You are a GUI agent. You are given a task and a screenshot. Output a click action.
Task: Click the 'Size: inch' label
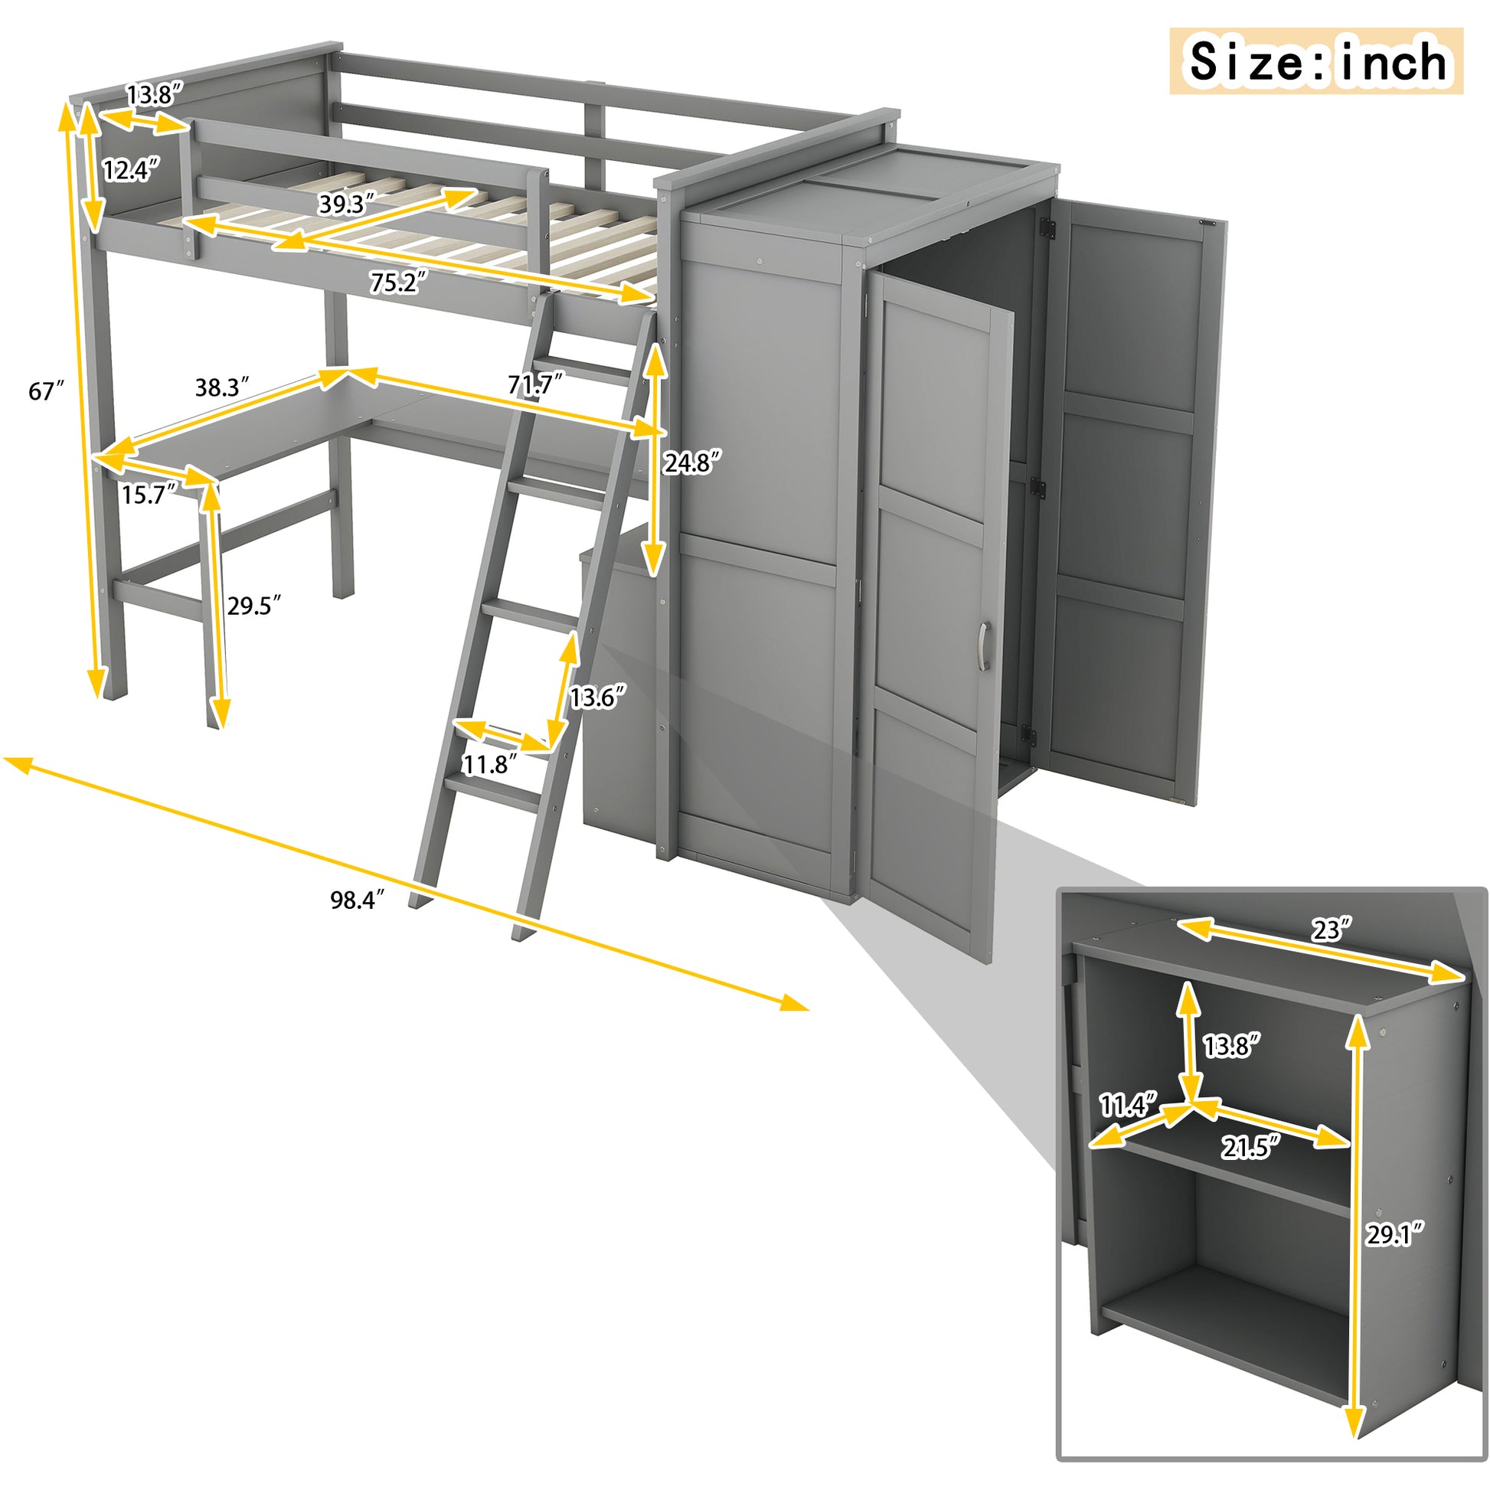coord(1316,61)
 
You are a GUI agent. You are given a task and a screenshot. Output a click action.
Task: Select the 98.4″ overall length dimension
coord(357,899)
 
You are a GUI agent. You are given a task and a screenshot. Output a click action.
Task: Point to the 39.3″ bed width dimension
coord(346,204)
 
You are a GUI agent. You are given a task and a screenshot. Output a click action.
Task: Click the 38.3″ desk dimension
coord(222,387)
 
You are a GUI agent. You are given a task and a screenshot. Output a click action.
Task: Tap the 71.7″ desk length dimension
coord(535,384)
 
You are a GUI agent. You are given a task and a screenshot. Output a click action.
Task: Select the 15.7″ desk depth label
coord(149,495)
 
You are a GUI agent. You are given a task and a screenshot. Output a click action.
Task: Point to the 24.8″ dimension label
coord(693,462)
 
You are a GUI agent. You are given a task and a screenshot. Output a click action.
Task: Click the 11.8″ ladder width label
coord(489,764)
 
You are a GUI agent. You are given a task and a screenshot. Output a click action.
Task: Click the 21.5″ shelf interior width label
coord(1249,1148)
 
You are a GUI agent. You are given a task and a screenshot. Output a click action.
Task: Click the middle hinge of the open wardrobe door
coord(1038,486)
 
